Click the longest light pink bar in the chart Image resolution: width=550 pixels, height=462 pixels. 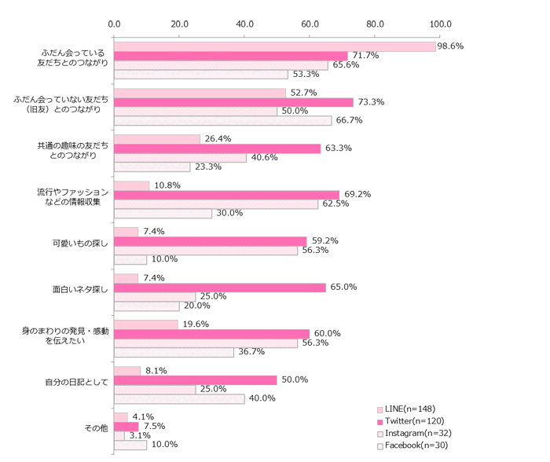(x=275, y=47)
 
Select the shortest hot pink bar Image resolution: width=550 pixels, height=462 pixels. (x=126, y=427)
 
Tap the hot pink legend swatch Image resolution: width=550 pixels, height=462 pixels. (x=380, y=422)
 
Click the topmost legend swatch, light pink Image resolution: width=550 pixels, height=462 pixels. (x=380, y=410)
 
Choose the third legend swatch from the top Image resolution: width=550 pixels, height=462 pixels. (x=380, y=434)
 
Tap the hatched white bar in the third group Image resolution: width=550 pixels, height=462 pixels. (x=152, y=167)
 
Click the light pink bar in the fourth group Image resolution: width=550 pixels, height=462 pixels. (x=132, y=185)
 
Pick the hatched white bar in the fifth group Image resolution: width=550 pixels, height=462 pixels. (x=130, y=260)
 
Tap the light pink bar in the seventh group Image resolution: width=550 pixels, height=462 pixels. (x=146, y=324)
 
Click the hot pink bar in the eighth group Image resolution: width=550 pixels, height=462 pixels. (x=196, y=380)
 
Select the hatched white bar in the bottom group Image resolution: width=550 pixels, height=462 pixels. (x=130, y=445)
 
